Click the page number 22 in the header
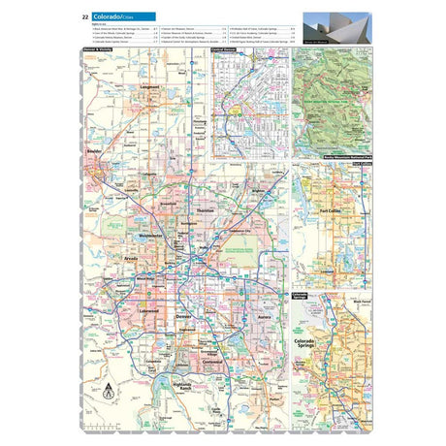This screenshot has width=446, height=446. click(87, 16)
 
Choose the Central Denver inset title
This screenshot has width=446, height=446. click(230, 49)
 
